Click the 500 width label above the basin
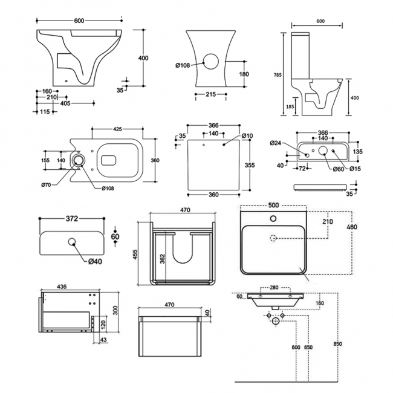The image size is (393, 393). (x=274, y=204)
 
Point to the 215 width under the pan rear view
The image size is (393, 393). (x=210, y=94)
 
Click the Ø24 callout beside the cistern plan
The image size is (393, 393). (x=277, y=143)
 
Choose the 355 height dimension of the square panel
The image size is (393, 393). (x=250, y=164)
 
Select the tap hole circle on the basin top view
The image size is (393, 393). (x=274, y=218)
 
